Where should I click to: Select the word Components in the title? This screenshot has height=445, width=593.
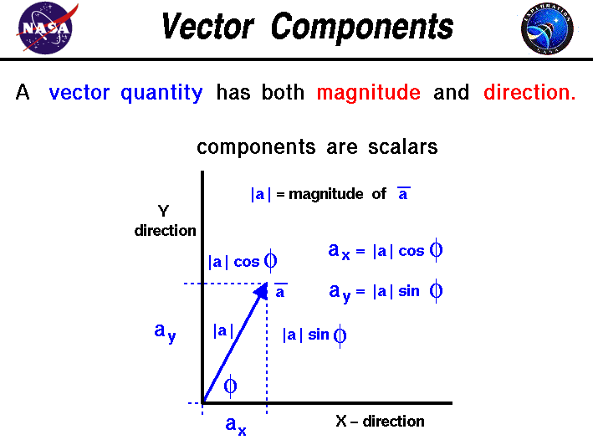tap(362, 27)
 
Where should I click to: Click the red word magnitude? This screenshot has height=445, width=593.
tap(368, 93)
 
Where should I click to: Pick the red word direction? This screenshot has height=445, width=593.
tap(529, 93)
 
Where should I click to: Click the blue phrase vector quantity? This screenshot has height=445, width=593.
tap(125, 93)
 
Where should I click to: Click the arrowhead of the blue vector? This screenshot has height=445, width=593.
tap(262, 290)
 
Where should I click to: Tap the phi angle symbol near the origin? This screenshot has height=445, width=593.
tap(230, 386)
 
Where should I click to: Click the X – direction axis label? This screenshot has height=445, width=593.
tap(380, 422)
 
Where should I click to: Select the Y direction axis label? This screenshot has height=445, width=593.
tap(165, 222)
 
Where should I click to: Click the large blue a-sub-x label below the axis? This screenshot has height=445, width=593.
tap(236, 426)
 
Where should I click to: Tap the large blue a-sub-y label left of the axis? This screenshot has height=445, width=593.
tap(165, 332)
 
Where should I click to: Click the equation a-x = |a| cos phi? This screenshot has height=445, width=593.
tap(385, 251)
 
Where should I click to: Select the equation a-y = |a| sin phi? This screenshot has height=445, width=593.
tap(385, 292)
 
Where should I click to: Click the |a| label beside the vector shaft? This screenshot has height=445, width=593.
tap(222, 330)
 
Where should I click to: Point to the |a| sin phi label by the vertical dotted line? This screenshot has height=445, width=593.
tap(314, 335)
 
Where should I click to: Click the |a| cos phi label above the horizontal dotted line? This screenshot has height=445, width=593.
tap(243, 262)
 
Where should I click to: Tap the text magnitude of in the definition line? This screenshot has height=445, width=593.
tap(337, 194)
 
